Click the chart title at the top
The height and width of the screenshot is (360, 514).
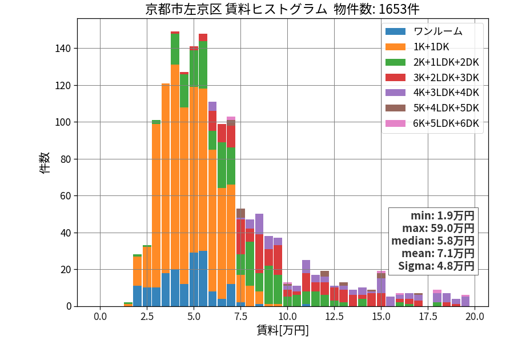click(282, 9)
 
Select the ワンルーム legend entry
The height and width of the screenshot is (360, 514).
click(424, 31)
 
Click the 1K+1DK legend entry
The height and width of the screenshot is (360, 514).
click(417, 47)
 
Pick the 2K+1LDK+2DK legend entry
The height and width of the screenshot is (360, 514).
click(432, 62)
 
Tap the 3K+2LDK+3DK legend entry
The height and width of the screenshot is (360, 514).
click(432, 78)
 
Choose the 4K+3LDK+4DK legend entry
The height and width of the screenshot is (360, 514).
click(432, 93)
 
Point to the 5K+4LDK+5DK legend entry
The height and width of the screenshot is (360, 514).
click(432, 108)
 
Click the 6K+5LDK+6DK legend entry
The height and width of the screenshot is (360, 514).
click(432, 123)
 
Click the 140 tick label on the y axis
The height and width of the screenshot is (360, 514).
click(63, 49)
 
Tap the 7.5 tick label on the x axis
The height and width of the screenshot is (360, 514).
click(240, 317)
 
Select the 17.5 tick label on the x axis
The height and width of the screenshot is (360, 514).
click(428, 317)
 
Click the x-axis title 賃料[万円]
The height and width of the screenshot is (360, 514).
click(283, 330)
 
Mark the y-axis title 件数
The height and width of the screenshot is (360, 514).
click(45, 163)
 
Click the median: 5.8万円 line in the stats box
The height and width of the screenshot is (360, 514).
click(433, 241)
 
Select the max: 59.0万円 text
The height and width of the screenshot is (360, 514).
click(438, 229)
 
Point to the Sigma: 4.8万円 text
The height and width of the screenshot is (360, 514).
click(436, 266)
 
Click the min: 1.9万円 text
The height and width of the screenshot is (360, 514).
click(443, 216)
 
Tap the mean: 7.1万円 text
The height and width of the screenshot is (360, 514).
click(438, 254)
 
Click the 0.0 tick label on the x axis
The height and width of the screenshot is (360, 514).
click(101, 317)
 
